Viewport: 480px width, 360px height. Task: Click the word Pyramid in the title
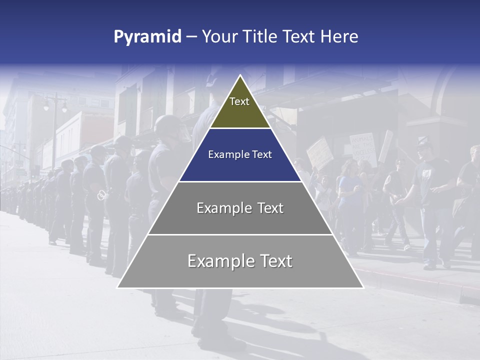coord(147,37)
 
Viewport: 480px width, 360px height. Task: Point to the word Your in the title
coord(220,36)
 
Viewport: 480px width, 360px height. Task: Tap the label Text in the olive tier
coord(239,101)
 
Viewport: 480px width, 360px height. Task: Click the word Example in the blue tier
coord(225,154)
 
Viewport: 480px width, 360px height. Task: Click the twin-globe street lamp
coord(55,105)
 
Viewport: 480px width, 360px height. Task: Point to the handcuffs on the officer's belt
coord(101,195)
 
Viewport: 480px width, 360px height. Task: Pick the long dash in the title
coord(191,37)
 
